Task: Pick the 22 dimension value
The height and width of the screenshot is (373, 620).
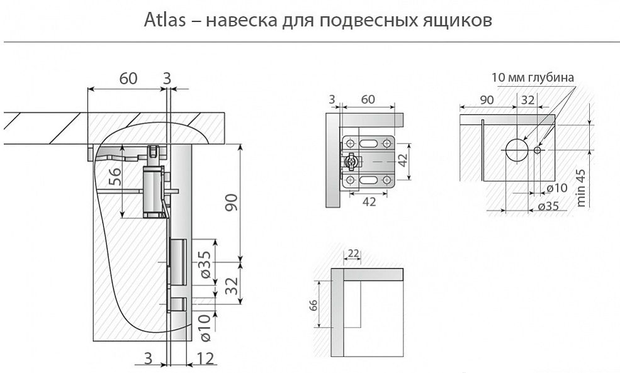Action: click(x=352, y=253)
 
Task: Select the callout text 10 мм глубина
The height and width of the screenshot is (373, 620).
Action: click(x=533, y=78)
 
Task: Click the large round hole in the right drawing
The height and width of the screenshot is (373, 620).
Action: click(x=516, y=150)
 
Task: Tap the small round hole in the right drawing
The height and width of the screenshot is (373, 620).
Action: click(x=537, y=150)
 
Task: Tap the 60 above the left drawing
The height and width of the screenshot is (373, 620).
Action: click(x=128, y=79)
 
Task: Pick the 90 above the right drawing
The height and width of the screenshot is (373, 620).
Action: click(x=487, y=99)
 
